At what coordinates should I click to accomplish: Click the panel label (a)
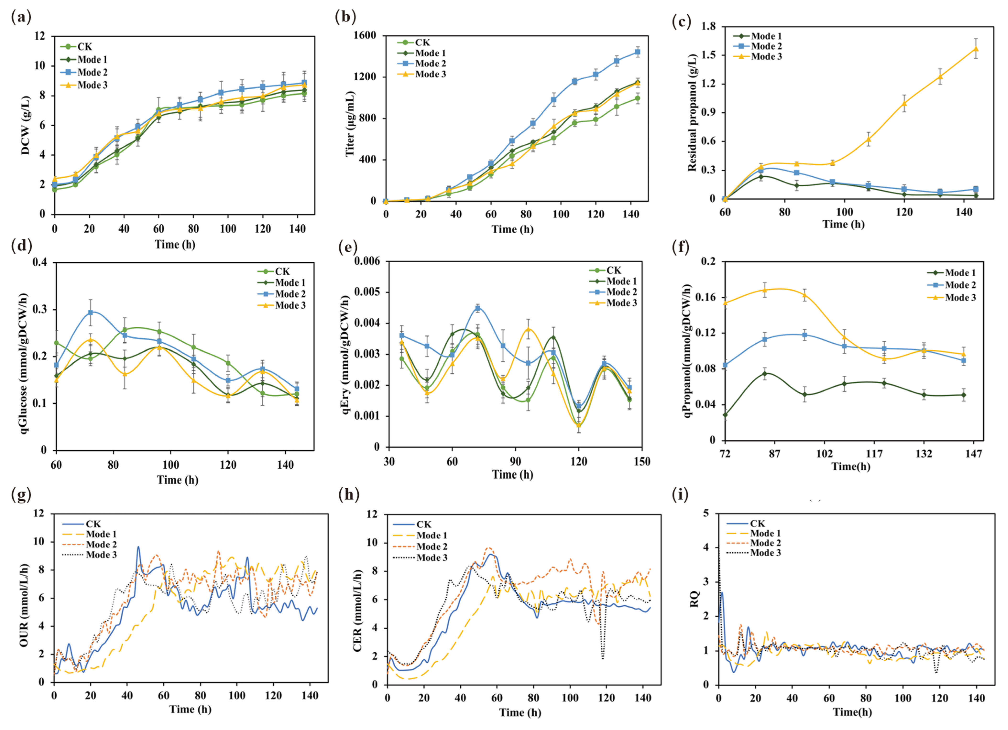21,17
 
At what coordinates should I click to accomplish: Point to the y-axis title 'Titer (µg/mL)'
350,124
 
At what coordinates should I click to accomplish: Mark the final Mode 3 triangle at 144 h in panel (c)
976,49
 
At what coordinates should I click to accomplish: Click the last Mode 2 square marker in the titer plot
637,52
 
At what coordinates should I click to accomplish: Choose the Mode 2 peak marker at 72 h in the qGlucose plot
90,312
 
